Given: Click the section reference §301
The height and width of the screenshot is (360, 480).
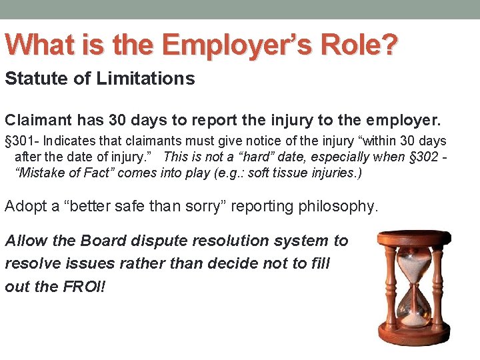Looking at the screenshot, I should (18, 141).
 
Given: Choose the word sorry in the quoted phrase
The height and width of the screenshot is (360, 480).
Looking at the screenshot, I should (223, 206).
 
